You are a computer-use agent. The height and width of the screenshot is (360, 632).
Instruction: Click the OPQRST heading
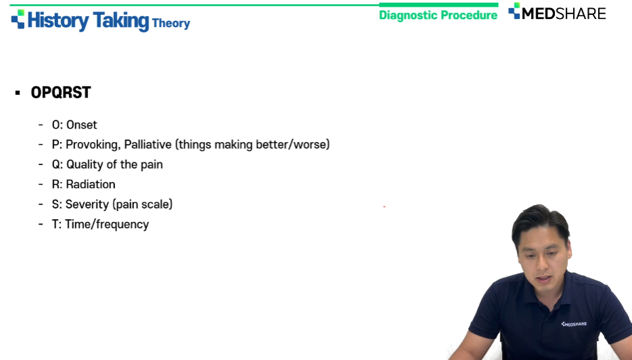pyautogui.click(x=61, y=92)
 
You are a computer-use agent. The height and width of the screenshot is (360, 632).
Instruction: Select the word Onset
pyautogui.click(x=81, y=125)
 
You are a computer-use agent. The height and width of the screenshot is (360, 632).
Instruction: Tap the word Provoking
pyautogui.click(x=93, y=145)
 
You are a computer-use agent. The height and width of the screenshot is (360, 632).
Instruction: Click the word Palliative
pyautogui.click(x=148, y=144)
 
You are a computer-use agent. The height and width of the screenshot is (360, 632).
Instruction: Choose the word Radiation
pyautogui.click(x=91, y=184)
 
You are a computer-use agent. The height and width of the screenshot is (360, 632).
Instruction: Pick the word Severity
pyautogui.click(x=87, y=204)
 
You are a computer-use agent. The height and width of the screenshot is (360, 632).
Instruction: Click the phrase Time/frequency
pyautogui.click(x=107, y=225)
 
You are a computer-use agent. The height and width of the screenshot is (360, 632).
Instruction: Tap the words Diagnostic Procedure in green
pyautogui.click(x=438, y=15)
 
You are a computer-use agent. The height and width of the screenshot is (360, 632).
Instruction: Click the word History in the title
pyautogui.click(x=58, y=20)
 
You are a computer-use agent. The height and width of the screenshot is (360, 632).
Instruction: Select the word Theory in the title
pyautogui.click(x=171, y=24)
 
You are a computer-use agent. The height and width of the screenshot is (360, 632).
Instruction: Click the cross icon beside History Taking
pyautogui.click(x=18, y=19)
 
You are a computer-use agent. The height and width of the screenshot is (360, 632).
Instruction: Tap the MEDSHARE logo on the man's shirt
pyautogui.click(x=574, y=323)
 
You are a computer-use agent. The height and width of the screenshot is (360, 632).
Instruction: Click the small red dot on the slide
pyautogui.click(x=384, y=206)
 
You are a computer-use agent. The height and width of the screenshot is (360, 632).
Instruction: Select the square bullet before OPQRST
pyautogui.click(x=18, y=93)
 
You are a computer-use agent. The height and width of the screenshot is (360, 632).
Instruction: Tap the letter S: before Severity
pyautogui.click(x=57, y=204)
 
